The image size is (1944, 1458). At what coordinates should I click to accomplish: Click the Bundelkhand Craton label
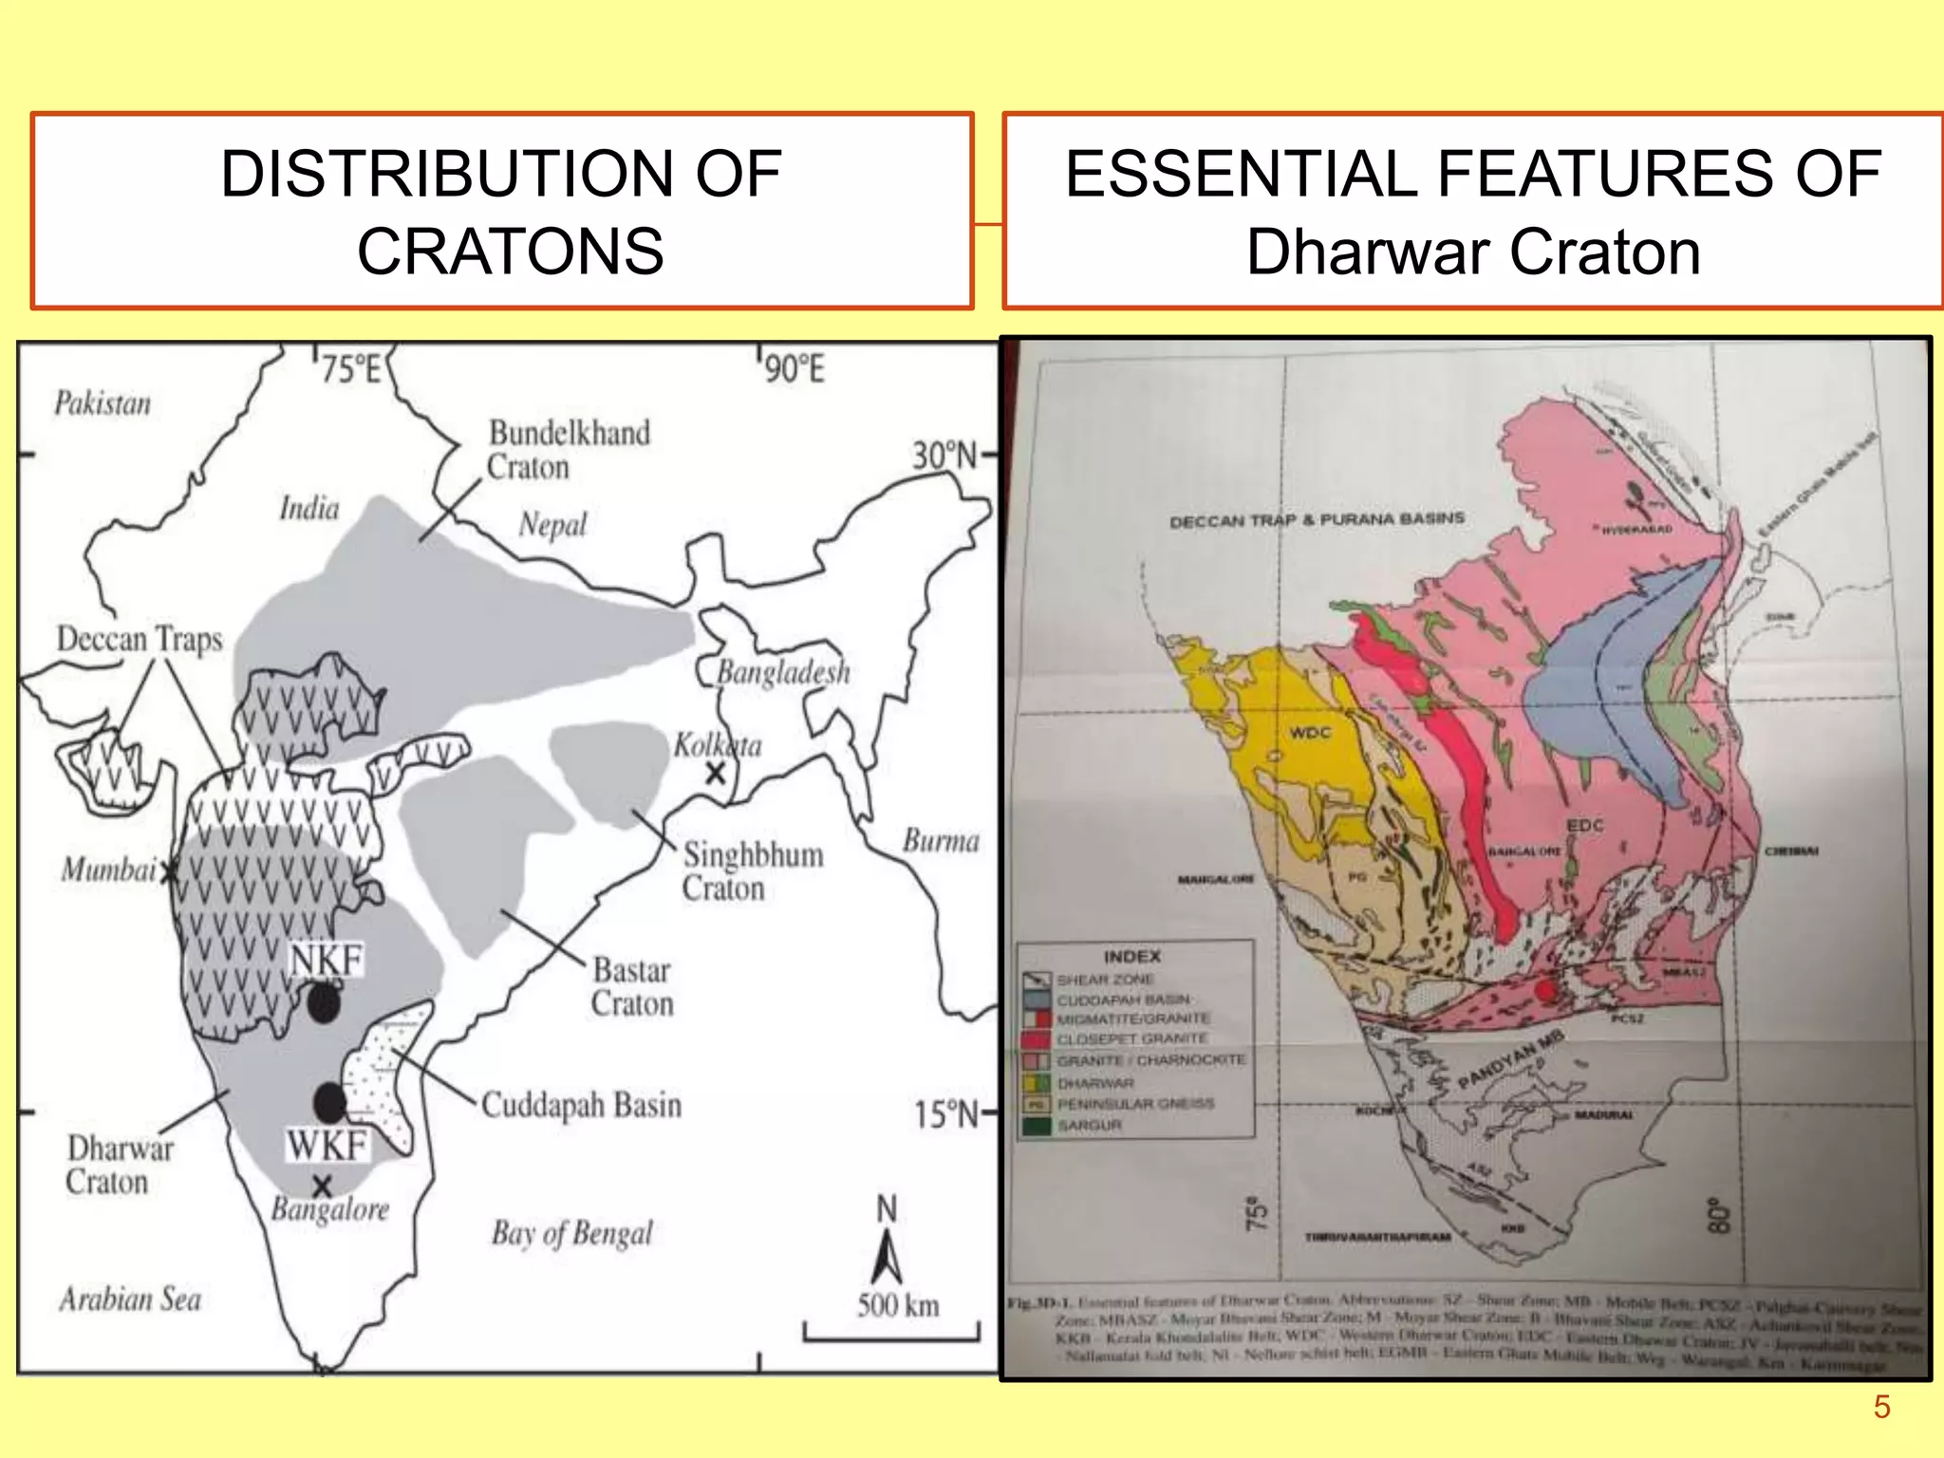(568, 450)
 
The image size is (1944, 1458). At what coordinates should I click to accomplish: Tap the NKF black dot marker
(324, 1002)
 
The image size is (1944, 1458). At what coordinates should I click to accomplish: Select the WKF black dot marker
(329, 1101)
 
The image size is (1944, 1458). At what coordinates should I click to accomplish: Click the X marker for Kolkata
(715, 773)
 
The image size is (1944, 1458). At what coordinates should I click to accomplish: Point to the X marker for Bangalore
(323, 1186)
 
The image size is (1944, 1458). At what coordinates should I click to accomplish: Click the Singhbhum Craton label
(752, 870)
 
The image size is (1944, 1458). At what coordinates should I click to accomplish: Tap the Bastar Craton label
(632, 986)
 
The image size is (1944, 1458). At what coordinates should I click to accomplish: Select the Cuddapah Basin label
(581, 1105)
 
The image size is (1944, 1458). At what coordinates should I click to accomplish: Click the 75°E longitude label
(350, 368)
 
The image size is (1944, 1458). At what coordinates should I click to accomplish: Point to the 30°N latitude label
(944, 456)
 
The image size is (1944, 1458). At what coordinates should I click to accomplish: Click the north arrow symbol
(887, 1257)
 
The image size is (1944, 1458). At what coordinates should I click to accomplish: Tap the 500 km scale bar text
(898, 1305)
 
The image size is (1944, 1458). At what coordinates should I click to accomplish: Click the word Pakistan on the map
(103, 403)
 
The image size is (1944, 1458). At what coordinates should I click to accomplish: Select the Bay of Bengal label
(572, 1233)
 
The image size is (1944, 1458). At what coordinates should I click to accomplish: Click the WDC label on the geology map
(1310, 733)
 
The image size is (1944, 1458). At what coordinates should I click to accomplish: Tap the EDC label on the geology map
(1584, 825)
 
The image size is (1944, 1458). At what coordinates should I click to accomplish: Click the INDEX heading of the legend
(1131, 956)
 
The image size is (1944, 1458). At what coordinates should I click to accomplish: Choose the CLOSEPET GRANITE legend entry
(1131, 1039)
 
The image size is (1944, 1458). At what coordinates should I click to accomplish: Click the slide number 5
(1881, 1406)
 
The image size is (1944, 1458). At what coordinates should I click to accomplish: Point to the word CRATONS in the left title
(511, 252)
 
